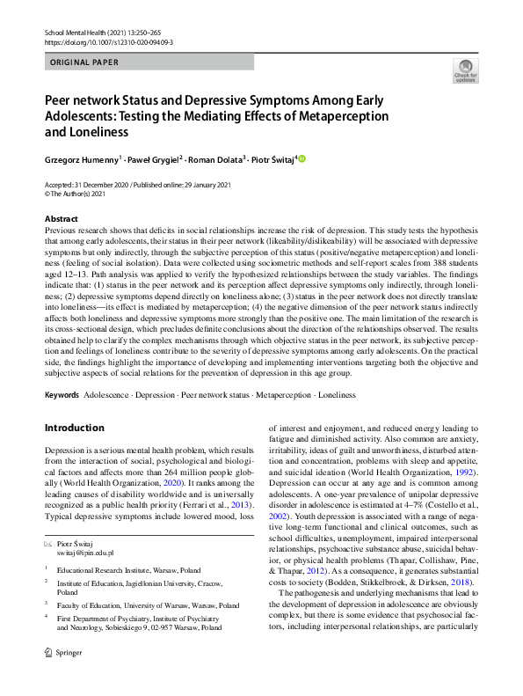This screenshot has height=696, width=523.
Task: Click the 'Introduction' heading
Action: [x=74, y=428]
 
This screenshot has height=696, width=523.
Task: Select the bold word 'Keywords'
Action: [x=62, y=395]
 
